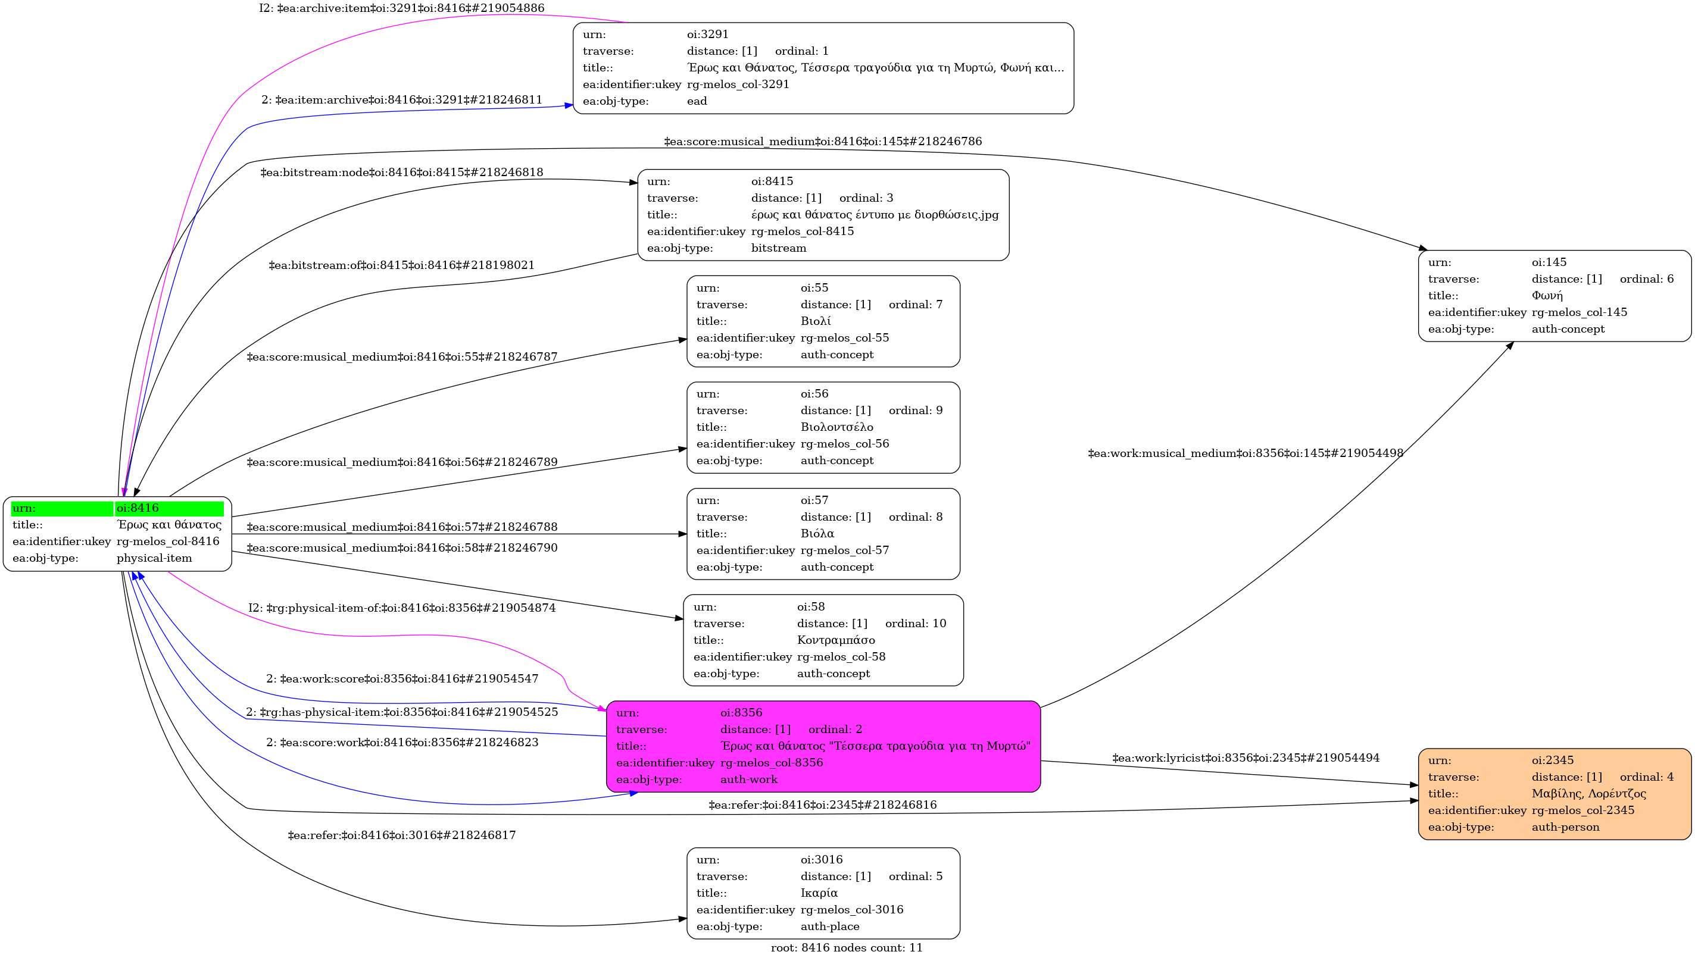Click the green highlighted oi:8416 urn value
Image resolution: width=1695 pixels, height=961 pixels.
(138, 508)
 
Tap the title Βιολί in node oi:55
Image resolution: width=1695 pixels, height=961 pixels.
(816, 321)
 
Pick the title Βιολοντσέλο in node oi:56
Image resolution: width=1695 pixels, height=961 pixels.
(836, 427)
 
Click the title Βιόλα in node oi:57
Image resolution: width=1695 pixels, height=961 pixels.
(817, 533)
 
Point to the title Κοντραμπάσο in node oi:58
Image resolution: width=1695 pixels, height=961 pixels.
(835, 640)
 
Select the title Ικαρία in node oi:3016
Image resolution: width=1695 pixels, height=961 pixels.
(819, 893)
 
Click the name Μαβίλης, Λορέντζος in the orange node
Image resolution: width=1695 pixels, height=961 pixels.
(1588, 793)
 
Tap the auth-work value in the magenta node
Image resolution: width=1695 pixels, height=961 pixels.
(749, 780)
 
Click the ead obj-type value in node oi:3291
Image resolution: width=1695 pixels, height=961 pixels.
(697, 101)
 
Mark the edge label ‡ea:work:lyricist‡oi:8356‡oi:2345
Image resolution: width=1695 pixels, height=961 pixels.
(1246, 757)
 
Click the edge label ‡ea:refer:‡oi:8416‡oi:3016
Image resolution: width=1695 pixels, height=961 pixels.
(401, 835)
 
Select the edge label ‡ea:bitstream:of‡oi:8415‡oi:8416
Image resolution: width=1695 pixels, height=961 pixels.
(401, 265)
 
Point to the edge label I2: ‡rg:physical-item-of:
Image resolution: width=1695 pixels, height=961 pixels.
(401, 608)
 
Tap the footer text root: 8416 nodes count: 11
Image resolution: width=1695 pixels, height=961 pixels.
(847, 948)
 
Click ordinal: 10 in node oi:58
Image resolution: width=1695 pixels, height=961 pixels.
(915, 624)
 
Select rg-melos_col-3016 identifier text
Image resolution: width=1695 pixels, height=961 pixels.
(852, 909)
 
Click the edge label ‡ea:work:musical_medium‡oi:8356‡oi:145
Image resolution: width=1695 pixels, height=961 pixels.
(1246, 453)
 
